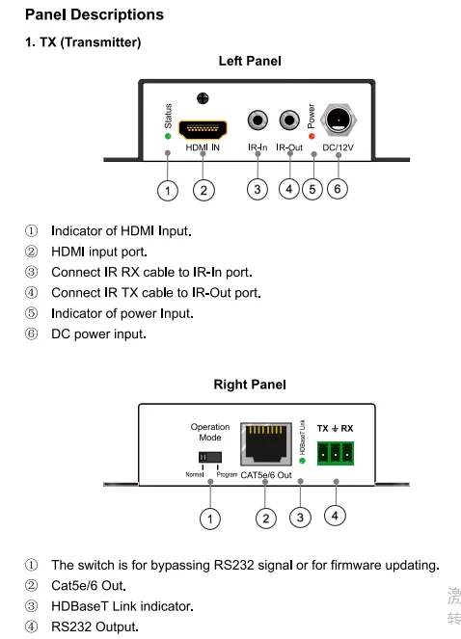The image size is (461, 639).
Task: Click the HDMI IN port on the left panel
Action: point(203,130)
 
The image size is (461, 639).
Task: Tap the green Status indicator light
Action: point(168,136)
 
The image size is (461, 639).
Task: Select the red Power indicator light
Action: point(312,136)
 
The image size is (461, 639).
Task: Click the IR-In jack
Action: point(258,120)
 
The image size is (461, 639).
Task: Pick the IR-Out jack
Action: point(289,120)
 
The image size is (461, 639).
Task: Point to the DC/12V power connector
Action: point(339,120)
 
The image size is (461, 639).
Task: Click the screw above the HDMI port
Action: point(203,98)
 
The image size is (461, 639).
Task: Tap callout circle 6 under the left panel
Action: point(338,189)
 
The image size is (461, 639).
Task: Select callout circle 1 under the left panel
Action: point(168,190)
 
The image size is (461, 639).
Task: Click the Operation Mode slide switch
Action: point(210,457)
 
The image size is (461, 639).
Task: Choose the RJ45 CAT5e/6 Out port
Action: point(266,444)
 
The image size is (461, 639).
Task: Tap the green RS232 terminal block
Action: point(336,453)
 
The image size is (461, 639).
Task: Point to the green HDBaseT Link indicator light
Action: point(302,461)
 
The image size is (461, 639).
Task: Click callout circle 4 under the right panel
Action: point(335,516)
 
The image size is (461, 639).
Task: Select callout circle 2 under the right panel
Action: point(266,519)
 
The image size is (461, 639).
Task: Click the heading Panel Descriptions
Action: point(95,14)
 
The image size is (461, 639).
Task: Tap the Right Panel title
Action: point(250,385)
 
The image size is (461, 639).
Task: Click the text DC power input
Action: point(98,334)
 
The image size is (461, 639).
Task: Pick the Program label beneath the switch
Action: point(227,475)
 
